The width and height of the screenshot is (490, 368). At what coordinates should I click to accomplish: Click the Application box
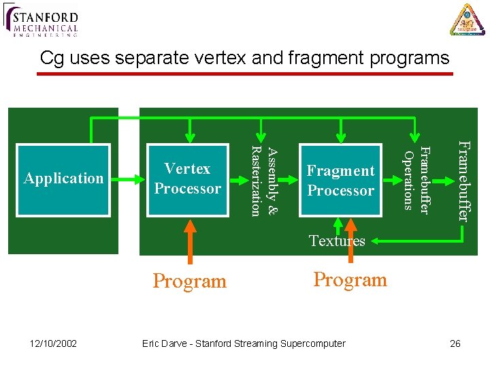[63, 179]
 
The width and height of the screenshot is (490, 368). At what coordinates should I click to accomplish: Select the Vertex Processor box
[188, 179]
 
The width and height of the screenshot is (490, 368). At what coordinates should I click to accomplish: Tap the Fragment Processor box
[340, 181]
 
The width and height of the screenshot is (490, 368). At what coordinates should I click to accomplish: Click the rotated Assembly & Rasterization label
[263, 181]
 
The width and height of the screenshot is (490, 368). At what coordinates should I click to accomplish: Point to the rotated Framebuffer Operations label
[416, 179]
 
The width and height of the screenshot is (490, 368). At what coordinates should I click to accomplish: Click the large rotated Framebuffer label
[463, 181]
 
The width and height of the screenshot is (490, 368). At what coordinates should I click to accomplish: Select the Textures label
[337, 241]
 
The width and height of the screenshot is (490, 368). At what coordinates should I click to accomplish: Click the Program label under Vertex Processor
[189, 281]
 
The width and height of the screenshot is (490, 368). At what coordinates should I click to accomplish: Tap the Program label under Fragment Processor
[350, 279]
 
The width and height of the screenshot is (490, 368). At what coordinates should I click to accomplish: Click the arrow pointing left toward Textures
[415, 241]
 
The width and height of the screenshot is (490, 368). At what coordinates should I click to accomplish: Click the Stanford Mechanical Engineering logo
[42, 20]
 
